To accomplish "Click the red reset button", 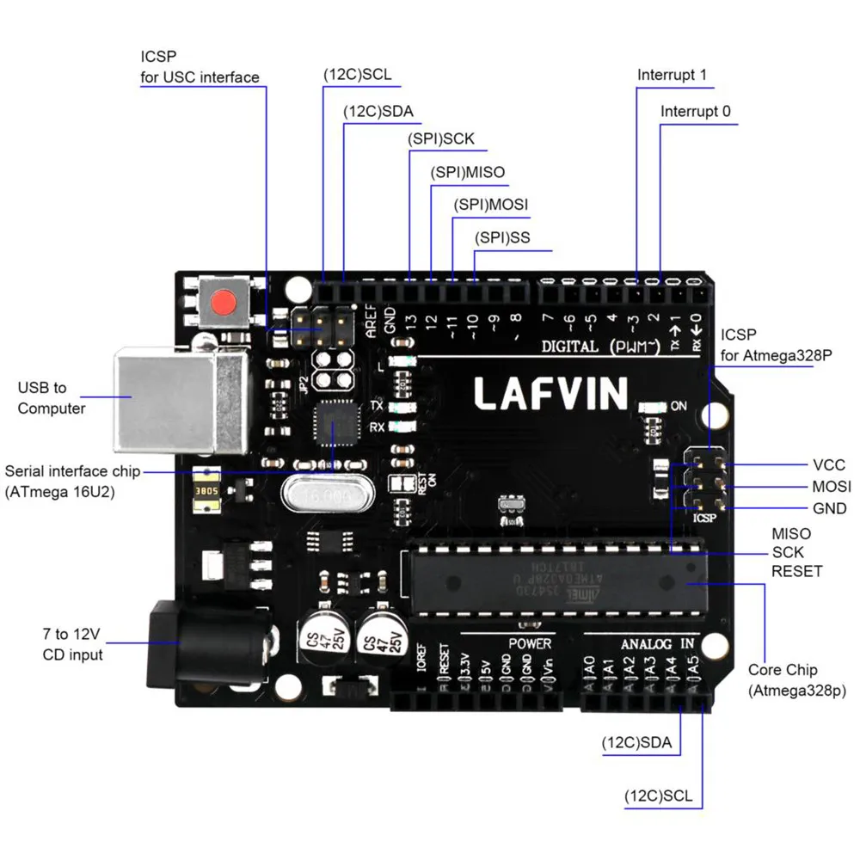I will click(224, 303).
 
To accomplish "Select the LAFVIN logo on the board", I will click(550, 393).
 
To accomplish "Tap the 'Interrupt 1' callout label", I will click(672, 75).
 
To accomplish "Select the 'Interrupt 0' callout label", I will click(696, 112).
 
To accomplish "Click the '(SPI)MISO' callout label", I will click(467, 173).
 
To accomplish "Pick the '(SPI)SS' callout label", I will click(502, 238).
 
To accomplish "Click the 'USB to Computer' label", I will click(52, 398).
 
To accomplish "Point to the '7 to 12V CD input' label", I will click(72, 645).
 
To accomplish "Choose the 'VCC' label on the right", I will click(828, 465).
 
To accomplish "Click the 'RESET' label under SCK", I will click(796, 571).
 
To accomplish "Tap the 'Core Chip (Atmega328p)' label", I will click(783, 679).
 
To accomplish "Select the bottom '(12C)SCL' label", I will click(658, 795).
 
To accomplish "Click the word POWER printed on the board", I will click(530, 643).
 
